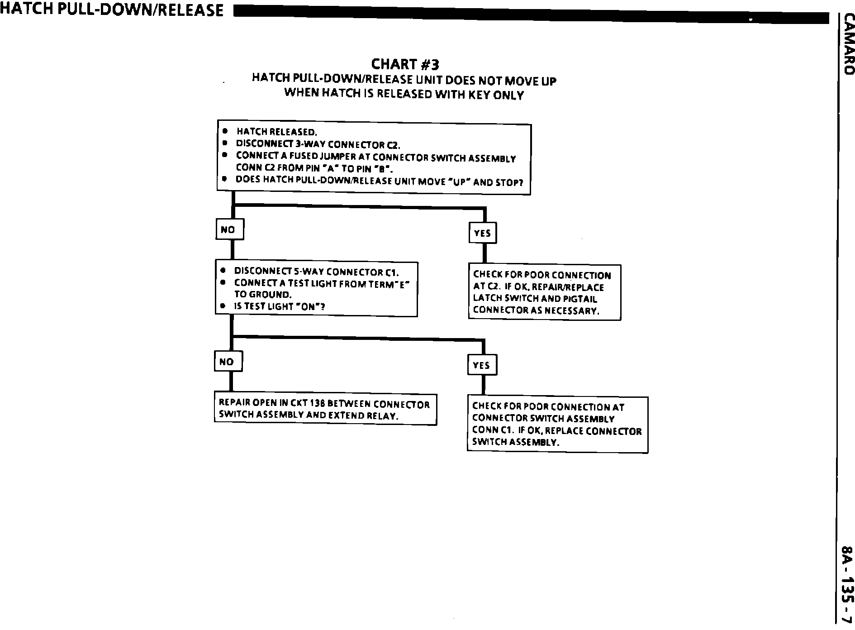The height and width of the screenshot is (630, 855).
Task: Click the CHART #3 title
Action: point(405,64)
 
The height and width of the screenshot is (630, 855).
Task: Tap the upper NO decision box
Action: point(229,229)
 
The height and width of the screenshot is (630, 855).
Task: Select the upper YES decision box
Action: point(482,233)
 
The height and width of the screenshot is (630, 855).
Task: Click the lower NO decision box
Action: point(228,362)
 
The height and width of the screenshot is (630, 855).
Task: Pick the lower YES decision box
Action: point(481,365)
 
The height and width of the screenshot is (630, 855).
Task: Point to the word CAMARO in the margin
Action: point(847,50)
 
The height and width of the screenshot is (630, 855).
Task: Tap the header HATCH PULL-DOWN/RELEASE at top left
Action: point(112,10)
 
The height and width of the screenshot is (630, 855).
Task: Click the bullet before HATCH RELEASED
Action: point(225,131)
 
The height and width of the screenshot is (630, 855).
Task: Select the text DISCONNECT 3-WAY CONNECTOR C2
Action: point(318,144)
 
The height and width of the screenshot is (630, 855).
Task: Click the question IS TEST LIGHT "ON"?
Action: point(279,306)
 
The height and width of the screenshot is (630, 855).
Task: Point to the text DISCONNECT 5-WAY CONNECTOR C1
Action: point(316,272)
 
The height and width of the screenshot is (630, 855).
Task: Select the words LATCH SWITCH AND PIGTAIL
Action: point(535,299)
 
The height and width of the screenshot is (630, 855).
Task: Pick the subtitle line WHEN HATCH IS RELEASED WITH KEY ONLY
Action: point(404,94)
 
